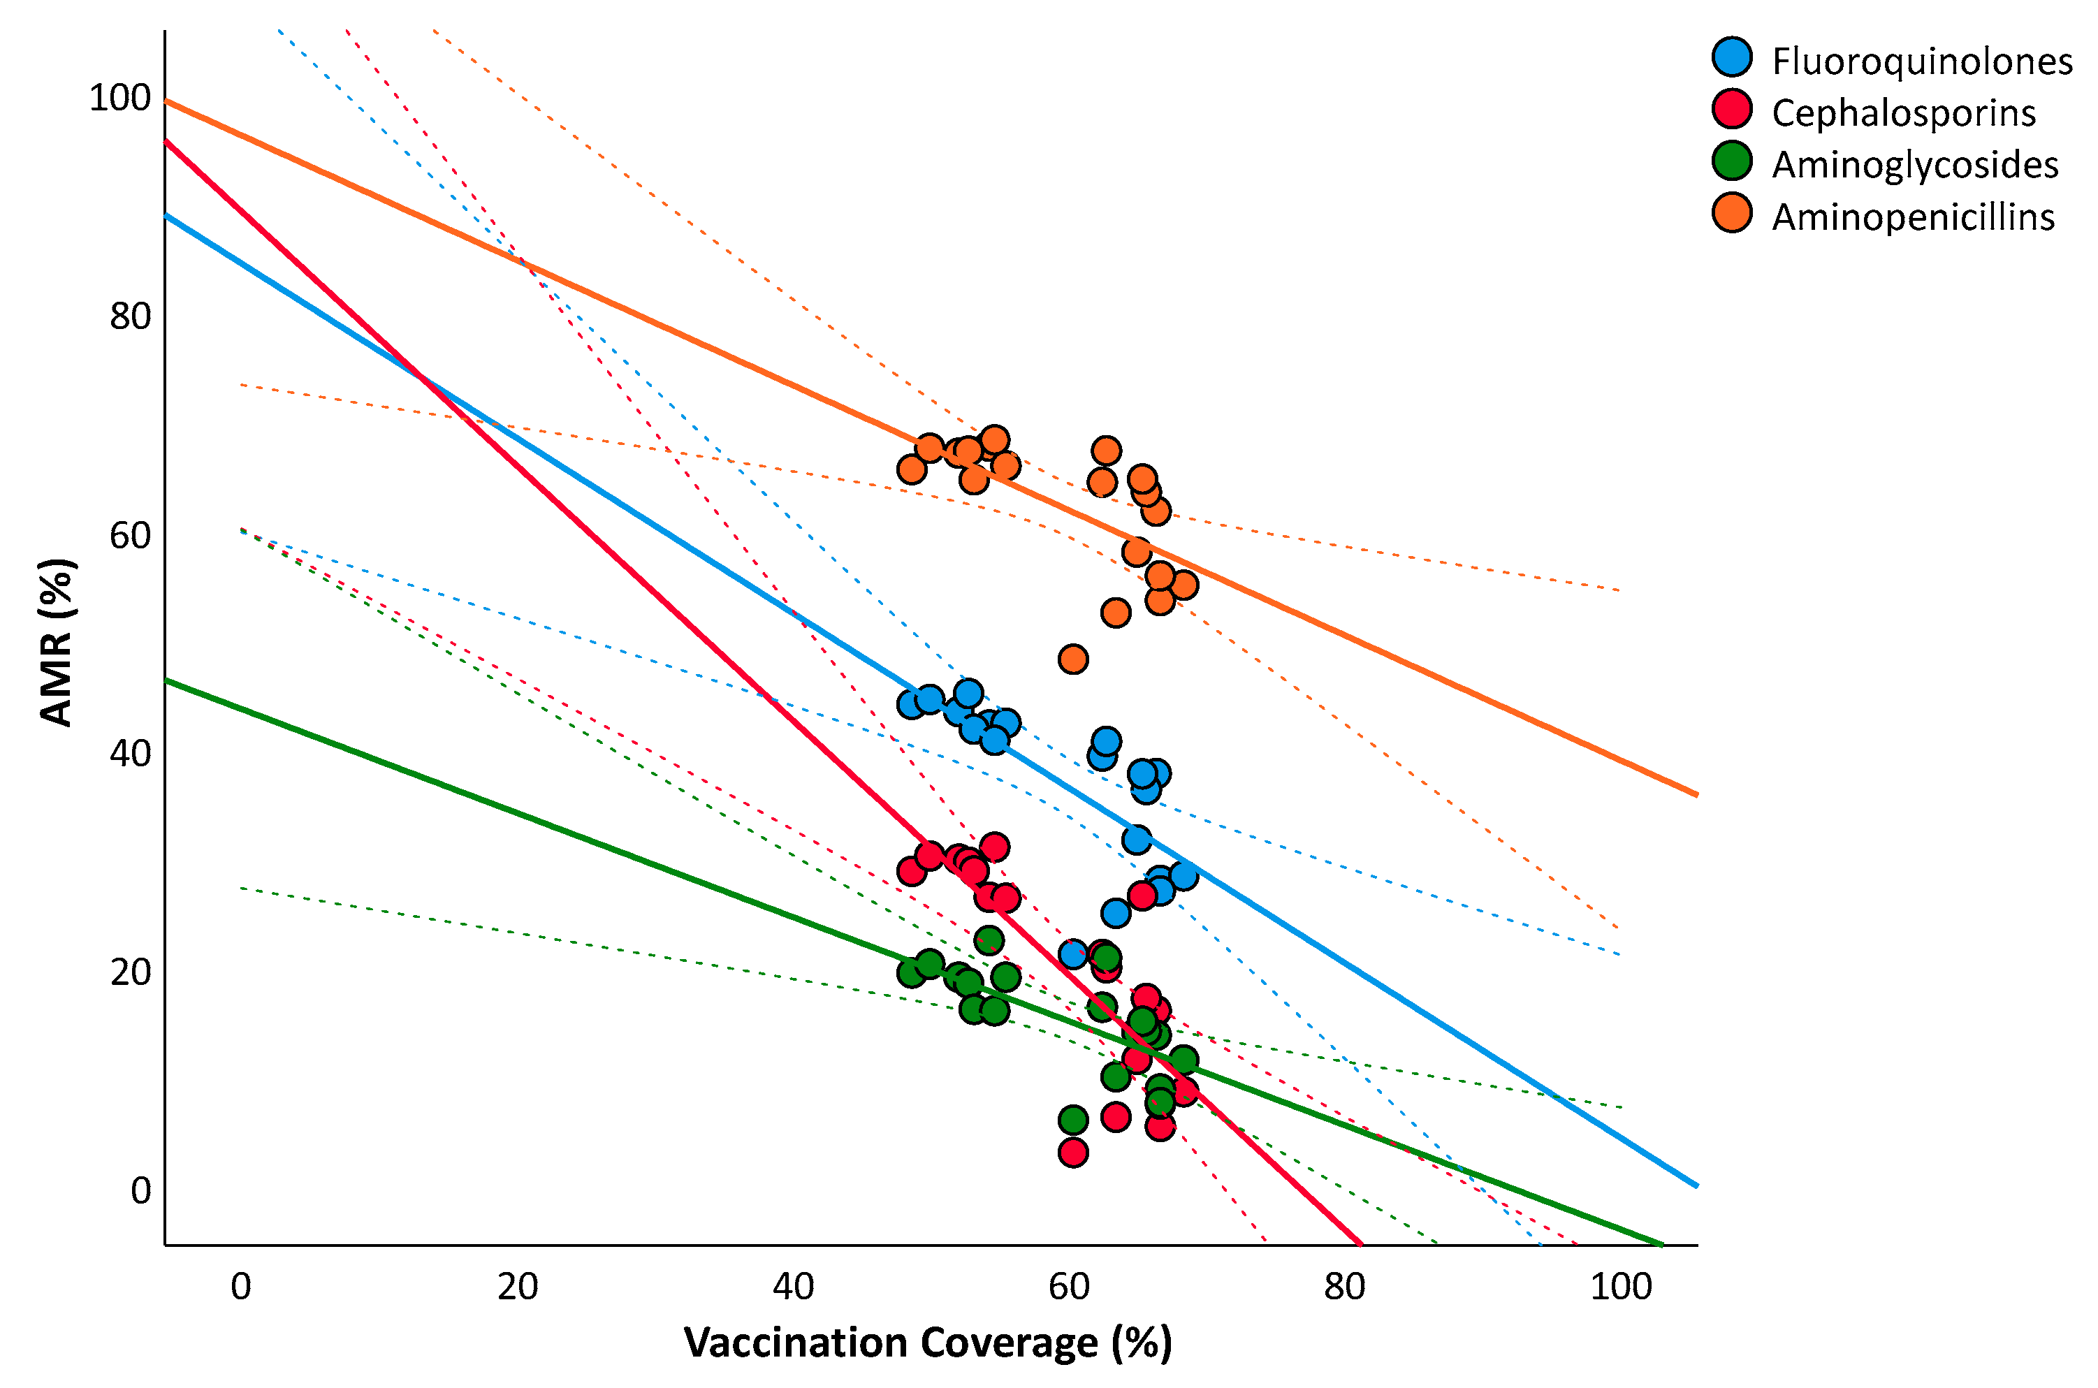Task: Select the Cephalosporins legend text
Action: pos(1903,113)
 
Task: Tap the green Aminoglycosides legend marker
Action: pos(1731,162)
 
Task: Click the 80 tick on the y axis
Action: pos(130,316)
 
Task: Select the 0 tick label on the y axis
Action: pos(140,1190)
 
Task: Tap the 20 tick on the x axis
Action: pos(517,1286)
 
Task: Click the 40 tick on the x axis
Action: pos(793,1286)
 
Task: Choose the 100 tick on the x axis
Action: pos(1621,1286)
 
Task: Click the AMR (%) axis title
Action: pos(56,643)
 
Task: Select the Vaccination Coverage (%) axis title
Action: pos(928,1343)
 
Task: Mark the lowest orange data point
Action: pos(1072,659)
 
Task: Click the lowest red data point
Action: pos(1072,1153)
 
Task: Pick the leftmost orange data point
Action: pos(911,470)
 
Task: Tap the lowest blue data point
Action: pos(1072,954)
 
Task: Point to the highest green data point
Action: pos(989,940)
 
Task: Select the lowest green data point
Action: pos(1072,1120)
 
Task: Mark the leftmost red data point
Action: pos(911,872)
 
